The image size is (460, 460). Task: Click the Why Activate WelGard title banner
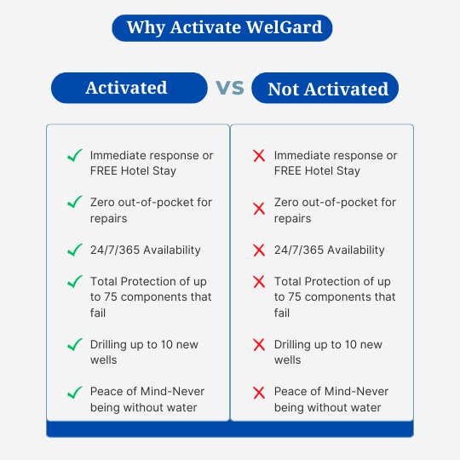point(222,28)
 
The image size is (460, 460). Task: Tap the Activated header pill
point(129,88)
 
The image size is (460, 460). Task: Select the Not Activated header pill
point(325,88)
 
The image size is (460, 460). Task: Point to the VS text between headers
point(230,88)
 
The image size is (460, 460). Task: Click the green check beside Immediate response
point(75,156)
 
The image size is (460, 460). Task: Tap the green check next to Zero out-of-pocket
point(75,202)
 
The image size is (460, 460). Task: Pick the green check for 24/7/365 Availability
point(75,250)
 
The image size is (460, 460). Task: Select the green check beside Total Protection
point(75,282)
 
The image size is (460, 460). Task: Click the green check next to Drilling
point(75,345)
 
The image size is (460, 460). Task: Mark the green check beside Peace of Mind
point(75,393)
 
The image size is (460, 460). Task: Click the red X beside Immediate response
point(259,156)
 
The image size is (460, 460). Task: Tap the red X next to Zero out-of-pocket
point(259,209)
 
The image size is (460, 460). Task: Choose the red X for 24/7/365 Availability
point(259,250)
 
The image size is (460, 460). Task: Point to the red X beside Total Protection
point(259,282)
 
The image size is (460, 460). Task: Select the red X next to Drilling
point(259,345)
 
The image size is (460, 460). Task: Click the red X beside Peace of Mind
point(259,393)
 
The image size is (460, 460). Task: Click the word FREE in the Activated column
point(104,170)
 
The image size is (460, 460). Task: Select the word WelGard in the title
point(284,27)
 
